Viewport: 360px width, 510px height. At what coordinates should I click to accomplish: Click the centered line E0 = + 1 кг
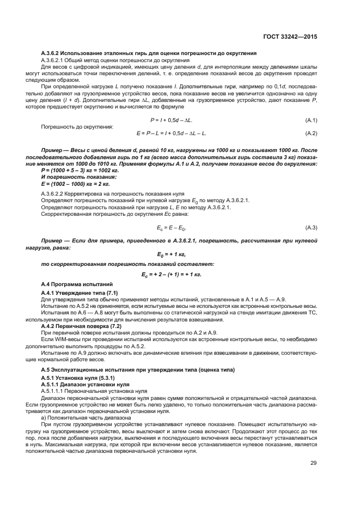(172, 254)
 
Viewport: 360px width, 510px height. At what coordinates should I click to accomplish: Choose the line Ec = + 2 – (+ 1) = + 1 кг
(172, 274)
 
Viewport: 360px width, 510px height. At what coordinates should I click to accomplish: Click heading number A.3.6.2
(53, 53)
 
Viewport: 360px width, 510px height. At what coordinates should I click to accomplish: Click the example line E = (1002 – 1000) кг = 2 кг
(72, 184)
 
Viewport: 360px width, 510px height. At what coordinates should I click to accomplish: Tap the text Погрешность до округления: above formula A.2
(77, 126)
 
